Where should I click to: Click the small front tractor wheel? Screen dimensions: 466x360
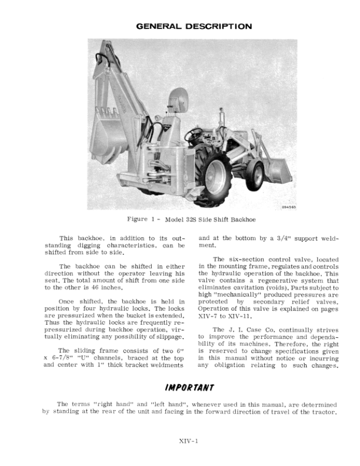pos(256,174)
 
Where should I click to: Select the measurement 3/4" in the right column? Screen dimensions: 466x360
pos(281,239)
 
